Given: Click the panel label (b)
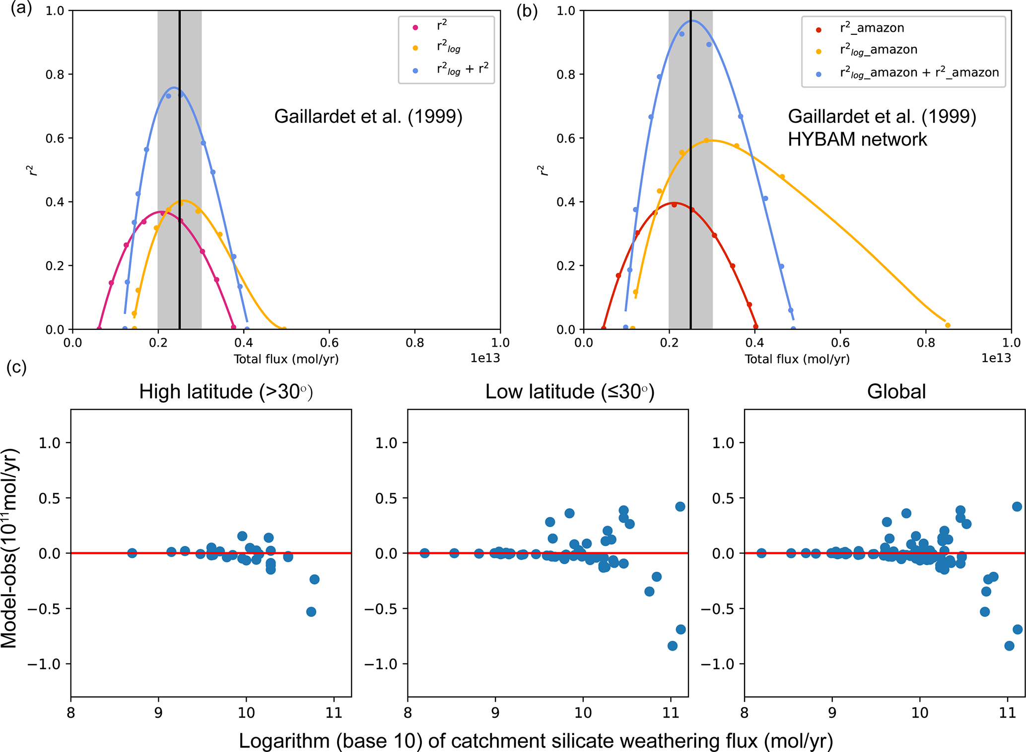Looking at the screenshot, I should tap(527, 10).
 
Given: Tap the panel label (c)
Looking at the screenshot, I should tap(17, 368).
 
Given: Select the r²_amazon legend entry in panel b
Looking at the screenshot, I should tap(872, 28).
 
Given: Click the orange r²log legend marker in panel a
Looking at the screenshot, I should tap(415, 48).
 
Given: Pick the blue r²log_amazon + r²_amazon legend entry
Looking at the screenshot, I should tap(919, 73).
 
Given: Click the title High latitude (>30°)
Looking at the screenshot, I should tap(226, 392).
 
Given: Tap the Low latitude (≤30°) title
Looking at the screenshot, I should tap(570, 392).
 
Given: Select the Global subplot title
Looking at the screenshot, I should tap(896, 392).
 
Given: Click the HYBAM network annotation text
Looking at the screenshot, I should tap(857, 140).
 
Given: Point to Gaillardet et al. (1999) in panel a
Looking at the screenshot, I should tap(368, 117).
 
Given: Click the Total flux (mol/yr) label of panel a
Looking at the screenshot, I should tap(286, 359).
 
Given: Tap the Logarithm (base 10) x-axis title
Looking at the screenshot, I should tap(535, 741).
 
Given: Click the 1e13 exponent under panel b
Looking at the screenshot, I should tap(996, 358).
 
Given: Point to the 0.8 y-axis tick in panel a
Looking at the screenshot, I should tap(55, 75).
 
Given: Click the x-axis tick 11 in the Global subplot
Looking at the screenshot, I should tap(1007, 713).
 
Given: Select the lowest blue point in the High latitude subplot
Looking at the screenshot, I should tap(311, 612).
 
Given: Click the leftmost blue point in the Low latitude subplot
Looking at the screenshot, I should tap(424, 553).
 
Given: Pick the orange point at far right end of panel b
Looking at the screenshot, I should tap(948, 325).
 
